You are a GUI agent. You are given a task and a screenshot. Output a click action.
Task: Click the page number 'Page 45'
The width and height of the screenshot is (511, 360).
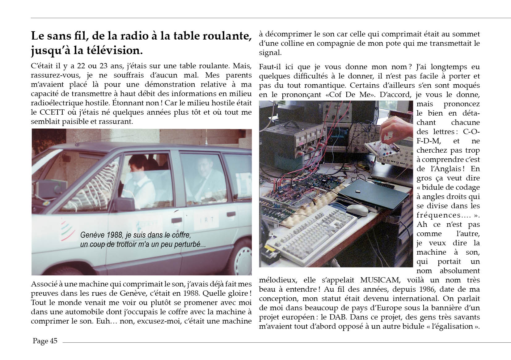pyautogui.click(x=45, y=341)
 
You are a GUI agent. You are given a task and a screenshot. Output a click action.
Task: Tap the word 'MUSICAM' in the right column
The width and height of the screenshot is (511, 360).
pyautogui.click(x=380, y=280)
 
